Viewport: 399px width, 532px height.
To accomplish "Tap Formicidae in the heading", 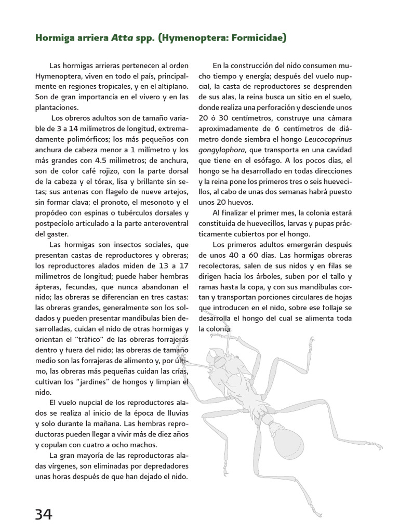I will [254, 38].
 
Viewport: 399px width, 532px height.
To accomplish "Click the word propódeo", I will [51, 213].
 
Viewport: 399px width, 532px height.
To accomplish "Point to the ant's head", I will [218, 358].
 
